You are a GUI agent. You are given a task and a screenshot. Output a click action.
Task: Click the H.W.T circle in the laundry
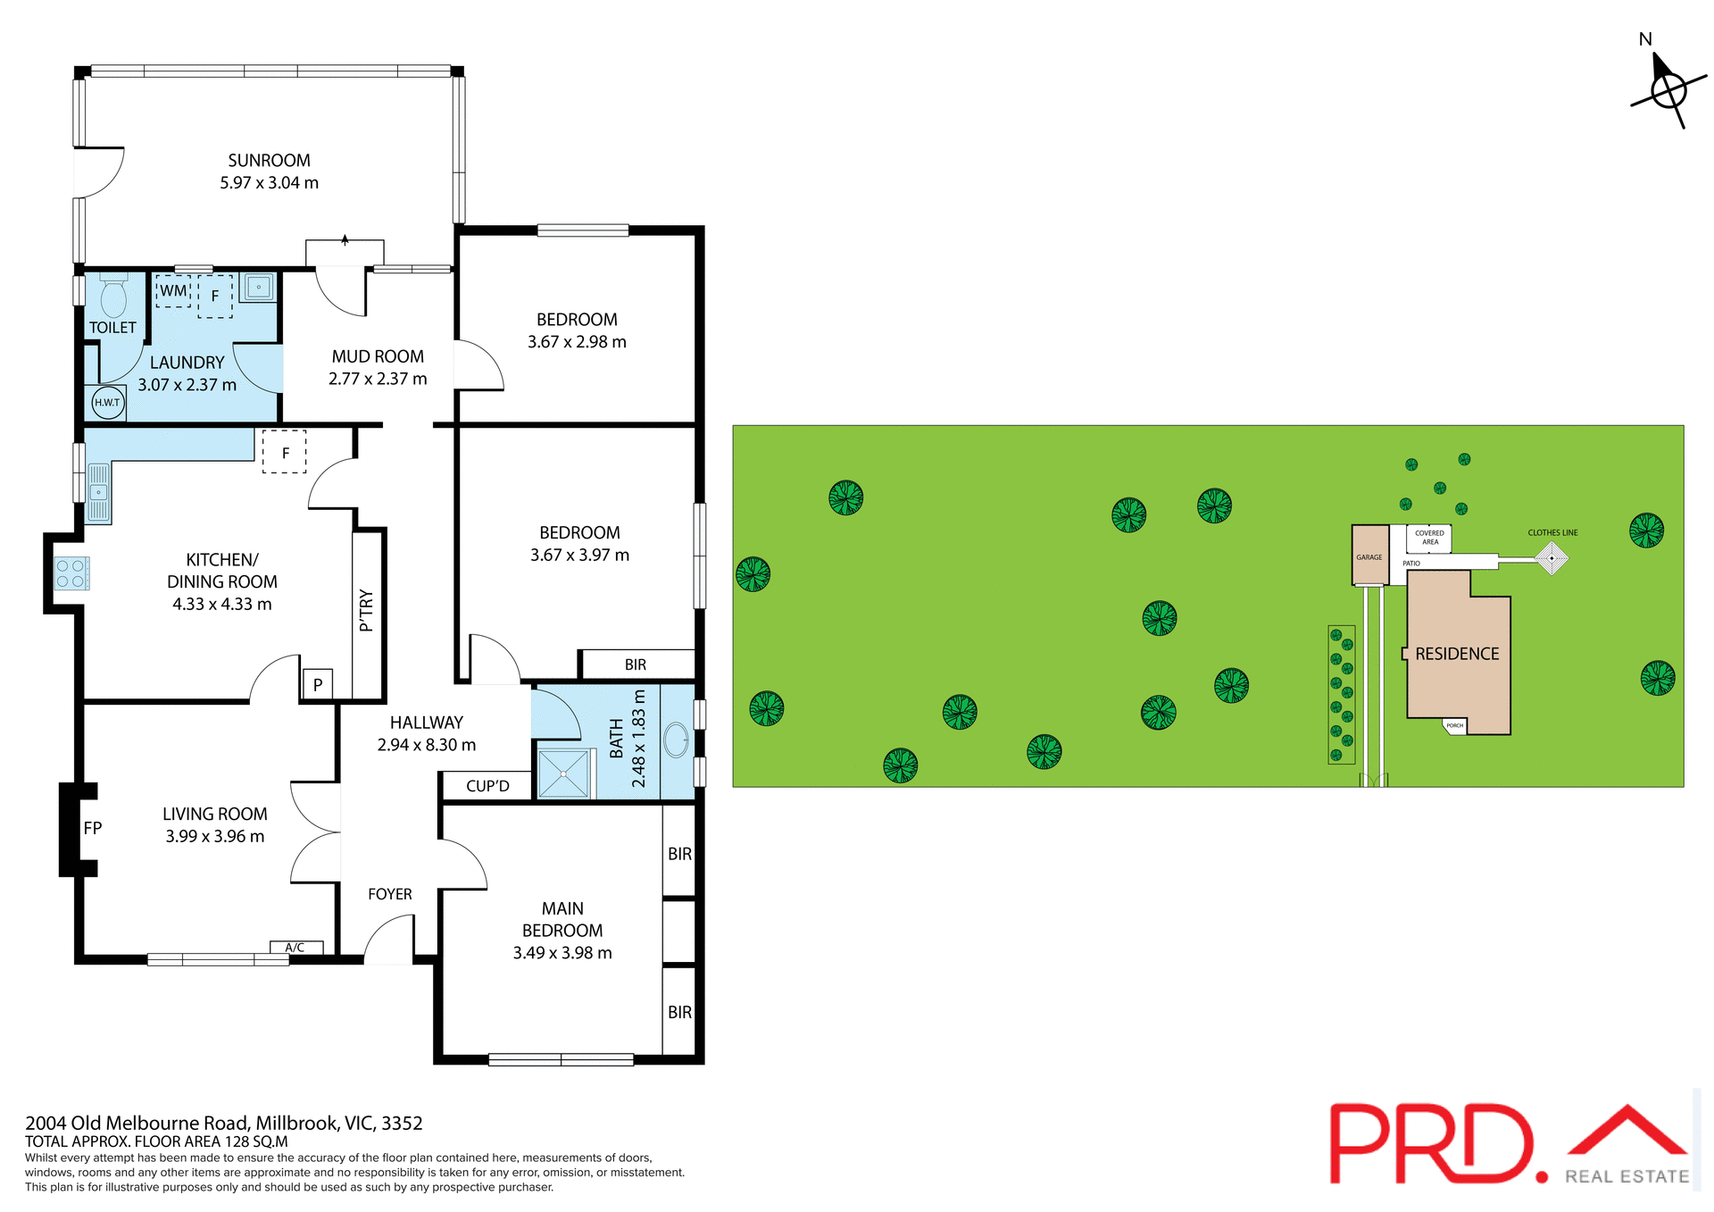(107, 403)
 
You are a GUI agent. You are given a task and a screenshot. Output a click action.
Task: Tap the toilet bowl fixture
(113, 298)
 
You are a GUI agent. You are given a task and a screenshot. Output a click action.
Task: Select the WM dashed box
(173, 291)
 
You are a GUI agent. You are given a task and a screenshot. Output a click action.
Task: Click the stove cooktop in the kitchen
(71, 573)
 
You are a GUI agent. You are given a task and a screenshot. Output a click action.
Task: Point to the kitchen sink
(98, 492)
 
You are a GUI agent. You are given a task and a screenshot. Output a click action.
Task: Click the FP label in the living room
(93, 828)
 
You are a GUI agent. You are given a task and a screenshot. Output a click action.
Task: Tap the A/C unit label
(295, 948)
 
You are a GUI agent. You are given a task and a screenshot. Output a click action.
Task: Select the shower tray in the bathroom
(564, 773)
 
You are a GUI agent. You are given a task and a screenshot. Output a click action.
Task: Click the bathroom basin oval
(677, 740)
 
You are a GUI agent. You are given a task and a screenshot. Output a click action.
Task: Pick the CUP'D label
(487, 786)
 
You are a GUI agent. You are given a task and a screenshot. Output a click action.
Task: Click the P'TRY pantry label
(366, 610)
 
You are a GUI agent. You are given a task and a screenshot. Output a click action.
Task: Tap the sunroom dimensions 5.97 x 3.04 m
(269, 183)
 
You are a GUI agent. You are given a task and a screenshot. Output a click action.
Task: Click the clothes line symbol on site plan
(1552, 558)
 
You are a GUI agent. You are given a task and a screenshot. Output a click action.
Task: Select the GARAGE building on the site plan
(1369, 555)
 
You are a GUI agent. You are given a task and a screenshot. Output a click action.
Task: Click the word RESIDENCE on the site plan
(1457, 654)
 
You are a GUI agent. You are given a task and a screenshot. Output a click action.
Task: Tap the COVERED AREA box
(1429, 538)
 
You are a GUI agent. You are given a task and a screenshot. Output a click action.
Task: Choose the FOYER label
(390, 894)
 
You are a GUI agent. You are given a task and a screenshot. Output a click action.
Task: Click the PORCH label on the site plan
(1455, 726)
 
